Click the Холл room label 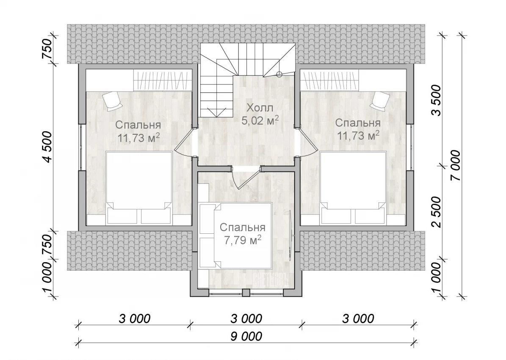click(260, 108)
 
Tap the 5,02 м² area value click(260, 120)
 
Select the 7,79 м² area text click(242, 240)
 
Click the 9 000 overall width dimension click(246, 336)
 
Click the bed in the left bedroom click(139, 188)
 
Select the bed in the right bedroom click(354, 188)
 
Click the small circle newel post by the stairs click(279, 74)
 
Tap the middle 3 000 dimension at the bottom click(246, 319)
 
